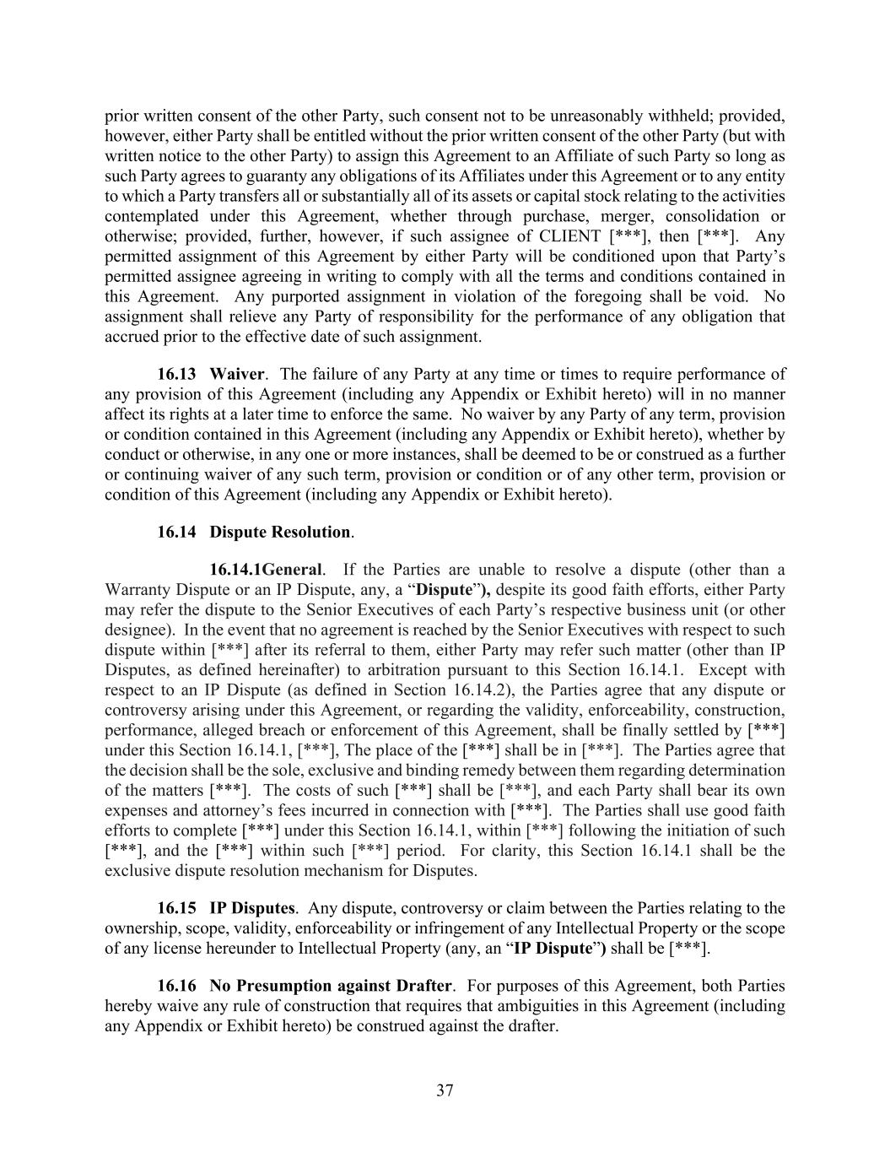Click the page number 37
(445, 1090)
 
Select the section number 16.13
(177, 374)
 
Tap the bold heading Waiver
(237, 374)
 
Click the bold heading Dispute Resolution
(280, 532)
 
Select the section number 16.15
(177, 908)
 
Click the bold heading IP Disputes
(252, 908)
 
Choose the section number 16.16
(177, 986)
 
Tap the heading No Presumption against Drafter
(332, 986)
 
